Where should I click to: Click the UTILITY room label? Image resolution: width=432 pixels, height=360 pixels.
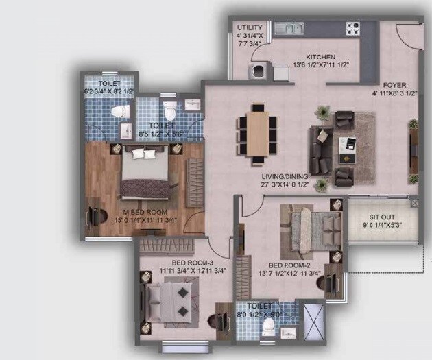[x=249, y=28]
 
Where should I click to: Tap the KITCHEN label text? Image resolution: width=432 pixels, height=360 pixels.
[x=320, y=56]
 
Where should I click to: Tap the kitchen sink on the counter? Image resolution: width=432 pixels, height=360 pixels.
[x=290, y=28]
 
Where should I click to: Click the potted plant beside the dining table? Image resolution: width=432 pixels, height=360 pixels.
[x=322, y=111]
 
